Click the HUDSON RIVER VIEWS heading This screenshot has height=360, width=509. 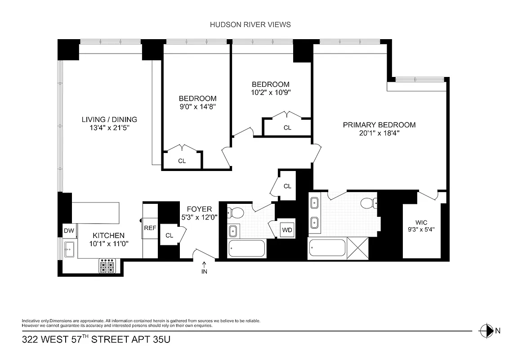click(250, 25)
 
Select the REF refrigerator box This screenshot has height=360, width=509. click(150, 228)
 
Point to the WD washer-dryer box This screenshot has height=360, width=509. click(287, 230)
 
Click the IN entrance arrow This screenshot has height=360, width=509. click(204, 268)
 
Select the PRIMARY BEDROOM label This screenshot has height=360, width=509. click(379, 125)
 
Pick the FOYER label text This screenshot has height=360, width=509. click(199, 209)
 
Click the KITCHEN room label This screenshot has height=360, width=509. click(108, 235)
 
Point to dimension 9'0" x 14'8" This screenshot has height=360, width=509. click(197, 107)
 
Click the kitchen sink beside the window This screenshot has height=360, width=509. click(70, 249)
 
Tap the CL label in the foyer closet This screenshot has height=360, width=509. click(169, 235)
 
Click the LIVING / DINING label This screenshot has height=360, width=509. click(109, 119)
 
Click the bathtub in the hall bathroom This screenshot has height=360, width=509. click(247, 248)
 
